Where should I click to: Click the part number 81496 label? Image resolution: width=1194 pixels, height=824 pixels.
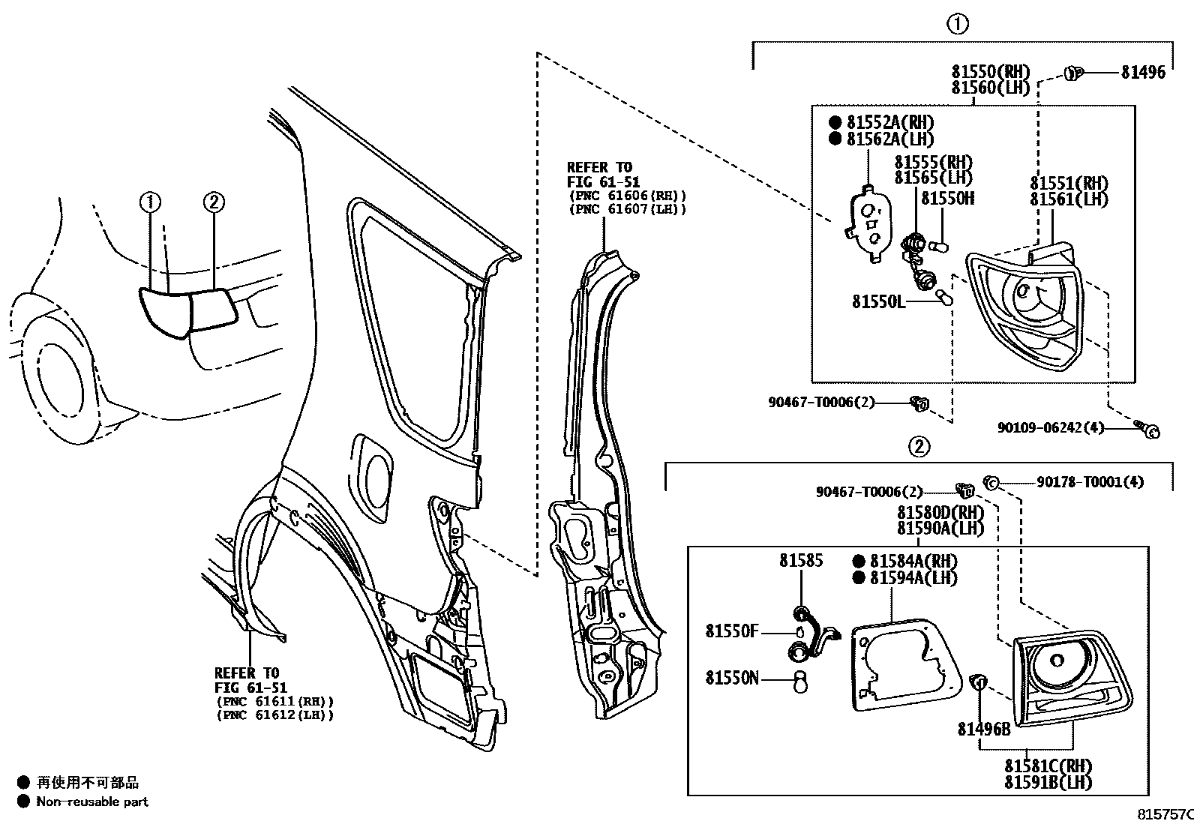pyautogui.click(x=1143, y=72)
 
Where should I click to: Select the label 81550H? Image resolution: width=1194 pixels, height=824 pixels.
pyautogui.click(x=947, y=198)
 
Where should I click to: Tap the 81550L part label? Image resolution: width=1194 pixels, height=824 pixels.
pyautogui.click(x=878, y=301)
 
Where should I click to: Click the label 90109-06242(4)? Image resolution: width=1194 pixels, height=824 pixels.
pyautogui.click(x=1051, y=427)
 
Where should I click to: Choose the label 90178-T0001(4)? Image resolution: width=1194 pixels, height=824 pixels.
pyautogui.click(x=1090, y=482)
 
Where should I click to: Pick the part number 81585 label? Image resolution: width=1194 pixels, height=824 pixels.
pyautogui.click(x=800, y=561)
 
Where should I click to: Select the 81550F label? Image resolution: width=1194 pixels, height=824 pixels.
pyautogui.click(x=732, y=631)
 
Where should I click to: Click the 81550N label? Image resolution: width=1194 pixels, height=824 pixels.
pyautogui.click(x=732, y=679)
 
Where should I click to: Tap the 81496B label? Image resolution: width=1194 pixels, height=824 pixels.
pyautogui.click(x=984, y=729)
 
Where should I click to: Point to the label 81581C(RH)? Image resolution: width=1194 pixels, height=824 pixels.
pyautogui.click(x=1048, y=766)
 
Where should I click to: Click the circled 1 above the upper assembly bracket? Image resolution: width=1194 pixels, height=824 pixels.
pyautogui.click(x=957, y=25)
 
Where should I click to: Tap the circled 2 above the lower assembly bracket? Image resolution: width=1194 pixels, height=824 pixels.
pyautogui.click(x=919, y=447)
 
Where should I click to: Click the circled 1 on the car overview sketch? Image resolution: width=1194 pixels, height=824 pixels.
pyautogui.click(x=150, y=202)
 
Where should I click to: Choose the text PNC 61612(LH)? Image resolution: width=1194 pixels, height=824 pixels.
pyautogui.click(x=274, y=715)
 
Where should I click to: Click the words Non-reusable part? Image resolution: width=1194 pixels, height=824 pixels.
pyautogui.click(x=92, y=802)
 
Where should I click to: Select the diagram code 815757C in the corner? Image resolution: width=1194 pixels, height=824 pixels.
pyautogui.click(x=1163, y=815)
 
